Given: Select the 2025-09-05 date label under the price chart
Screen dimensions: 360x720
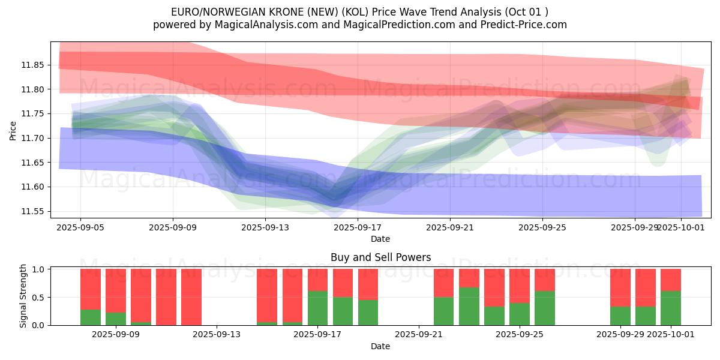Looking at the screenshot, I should click(x=81, y=228).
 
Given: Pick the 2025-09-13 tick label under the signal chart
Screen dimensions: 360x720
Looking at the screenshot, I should click(x=217, y=335).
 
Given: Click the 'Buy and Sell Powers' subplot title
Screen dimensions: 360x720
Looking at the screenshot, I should click(x=380, y=257).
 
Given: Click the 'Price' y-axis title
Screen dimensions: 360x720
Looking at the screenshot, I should click(x=13, y=130).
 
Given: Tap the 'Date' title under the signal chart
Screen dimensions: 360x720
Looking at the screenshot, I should click(x=380, y=346).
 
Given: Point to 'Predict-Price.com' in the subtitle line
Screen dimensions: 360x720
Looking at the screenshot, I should click(x=524, y=25).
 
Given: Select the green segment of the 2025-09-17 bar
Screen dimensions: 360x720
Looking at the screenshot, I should click(x=318, y=308).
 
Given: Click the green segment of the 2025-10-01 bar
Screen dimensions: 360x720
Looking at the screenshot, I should click(x=671, y=308).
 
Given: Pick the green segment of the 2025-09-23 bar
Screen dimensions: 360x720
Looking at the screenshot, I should click(x=469, y=306).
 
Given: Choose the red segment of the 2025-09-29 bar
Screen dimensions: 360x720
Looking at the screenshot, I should click(x=620, y=287).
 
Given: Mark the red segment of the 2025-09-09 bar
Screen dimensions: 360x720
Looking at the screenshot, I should click(x=116, y=290).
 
